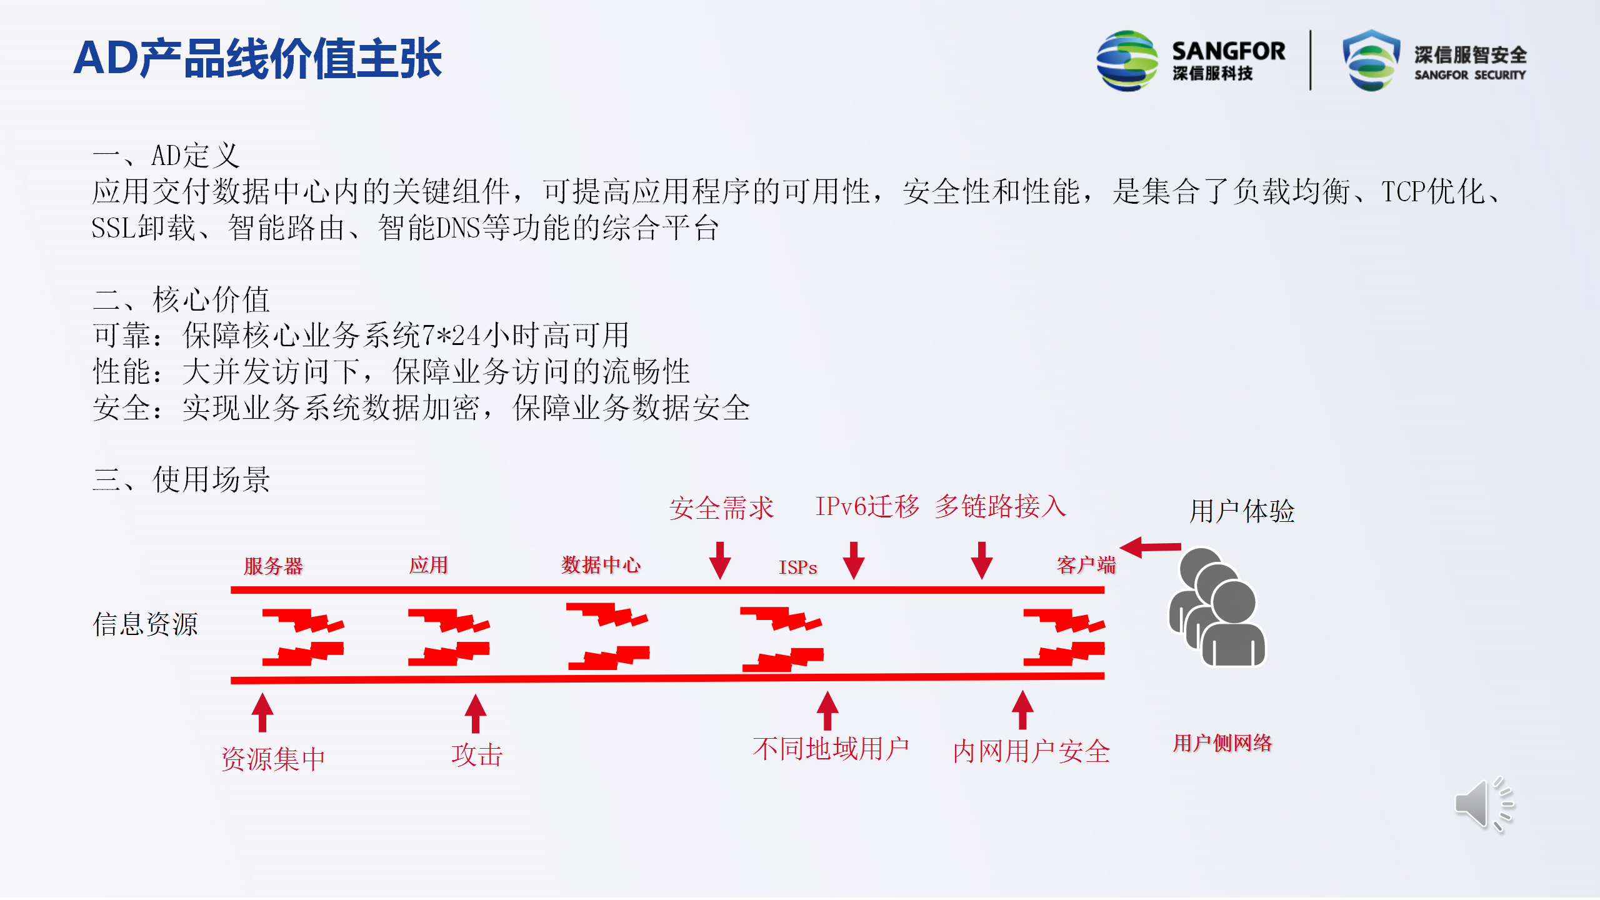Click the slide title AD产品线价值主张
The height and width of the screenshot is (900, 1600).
click(257, 58)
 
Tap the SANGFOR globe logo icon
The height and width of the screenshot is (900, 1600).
click(1127, 61)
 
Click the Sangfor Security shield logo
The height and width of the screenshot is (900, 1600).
click(1371, 61)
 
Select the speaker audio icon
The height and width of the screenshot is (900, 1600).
click(1484, 804)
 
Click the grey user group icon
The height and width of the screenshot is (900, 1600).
click(1217, 607)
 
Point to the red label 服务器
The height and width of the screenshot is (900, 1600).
click(273, 566)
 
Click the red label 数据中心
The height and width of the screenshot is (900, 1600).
click(601, 564)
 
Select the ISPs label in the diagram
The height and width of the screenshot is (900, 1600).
click(797, 567)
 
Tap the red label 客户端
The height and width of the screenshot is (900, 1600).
click(1086, 564)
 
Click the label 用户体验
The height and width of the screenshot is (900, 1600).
click(1242, 511)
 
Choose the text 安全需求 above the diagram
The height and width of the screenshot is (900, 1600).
click(721, 507)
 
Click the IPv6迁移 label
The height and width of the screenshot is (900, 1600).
click(867, 506)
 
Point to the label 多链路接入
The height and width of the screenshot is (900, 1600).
click(1001, 506)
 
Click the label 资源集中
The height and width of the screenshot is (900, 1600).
click(273, 759)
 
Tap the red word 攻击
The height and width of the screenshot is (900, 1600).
click(477, 755)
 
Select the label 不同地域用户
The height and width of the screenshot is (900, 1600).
click(831, 748)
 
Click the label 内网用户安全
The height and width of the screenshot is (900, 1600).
click(1031, 751)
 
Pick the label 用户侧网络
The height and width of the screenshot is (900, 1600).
click(1222, 742)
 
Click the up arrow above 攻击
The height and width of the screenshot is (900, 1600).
click(476, 713)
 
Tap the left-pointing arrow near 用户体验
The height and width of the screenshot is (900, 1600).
click(1150, 547)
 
